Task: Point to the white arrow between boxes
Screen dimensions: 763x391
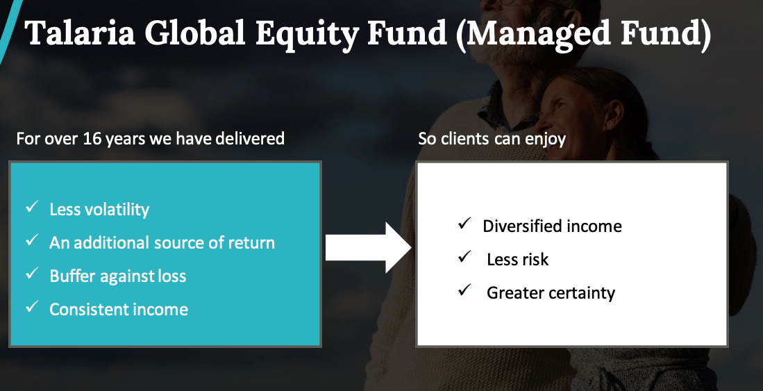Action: [x=369, y=247]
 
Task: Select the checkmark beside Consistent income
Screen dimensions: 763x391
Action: [x=32, y=306]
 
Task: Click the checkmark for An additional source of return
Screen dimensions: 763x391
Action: [x=32, y=240]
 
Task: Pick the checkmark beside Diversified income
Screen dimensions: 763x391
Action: [x=464, y=224]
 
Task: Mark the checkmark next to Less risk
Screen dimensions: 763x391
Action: [x=464, y=256]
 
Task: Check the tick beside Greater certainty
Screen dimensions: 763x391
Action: [x=464, y=290]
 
